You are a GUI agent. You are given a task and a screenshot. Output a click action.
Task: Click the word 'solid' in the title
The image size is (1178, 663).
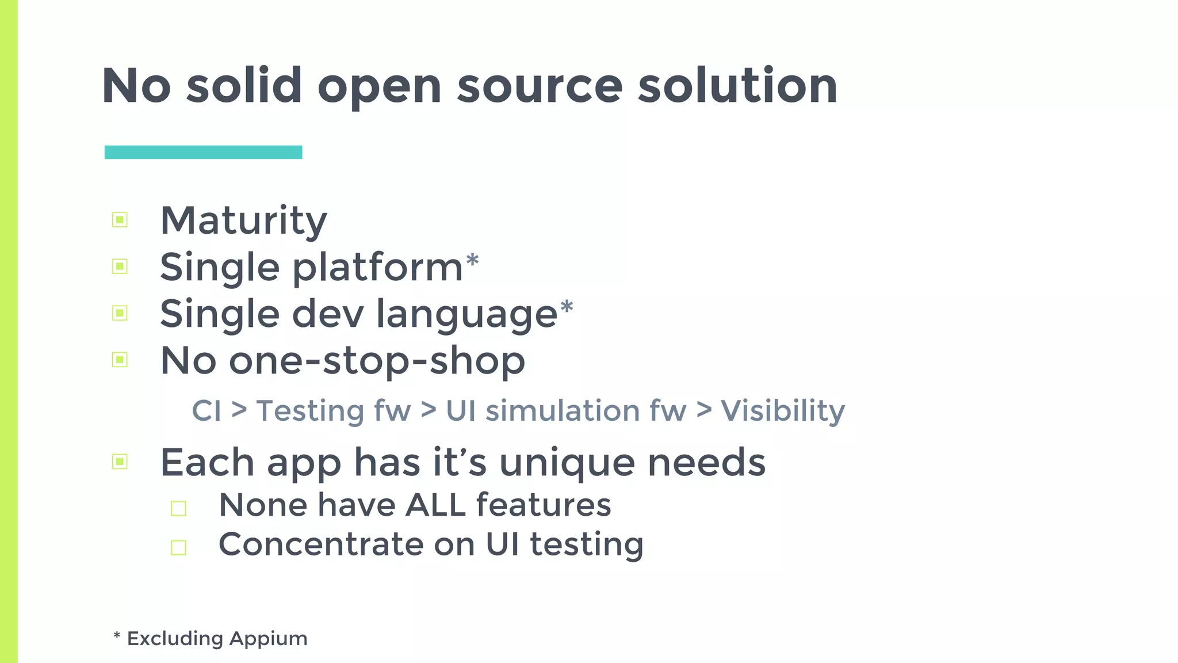[244, 86]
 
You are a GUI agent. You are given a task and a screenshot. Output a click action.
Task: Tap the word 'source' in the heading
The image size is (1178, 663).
[540, 86]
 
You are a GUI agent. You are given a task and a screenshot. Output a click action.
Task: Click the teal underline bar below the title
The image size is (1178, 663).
[203, 152]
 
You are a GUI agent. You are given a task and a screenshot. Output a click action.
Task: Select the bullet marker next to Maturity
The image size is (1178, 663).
[120, 220]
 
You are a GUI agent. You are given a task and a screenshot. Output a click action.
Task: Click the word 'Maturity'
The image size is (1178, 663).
[243, 221]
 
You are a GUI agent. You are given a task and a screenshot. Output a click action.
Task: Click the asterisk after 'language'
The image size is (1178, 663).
[567, 307]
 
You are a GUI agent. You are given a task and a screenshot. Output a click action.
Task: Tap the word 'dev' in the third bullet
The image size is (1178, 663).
[328, 314]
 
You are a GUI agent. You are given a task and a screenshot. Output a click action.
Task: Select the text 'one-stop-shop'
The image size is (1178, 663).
[377, 361]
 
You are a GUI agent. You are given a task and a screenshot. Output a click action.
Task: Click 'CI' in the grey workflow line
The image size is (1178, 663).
[206, 411]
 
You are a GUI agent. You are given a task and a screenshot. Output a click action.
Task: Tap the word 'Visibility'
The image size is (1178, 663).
[783, 411]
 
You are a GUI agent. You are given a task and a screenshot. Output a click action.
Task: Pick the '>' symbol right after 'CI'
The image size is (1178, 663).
[239, 410]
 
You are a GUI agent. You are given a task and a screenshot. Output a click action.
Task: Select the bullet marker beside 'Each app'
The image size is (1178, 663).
[120, 462]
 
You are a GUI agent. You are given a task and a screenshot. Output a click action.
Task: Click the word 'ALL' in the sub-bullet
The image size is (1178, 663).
[435, 505]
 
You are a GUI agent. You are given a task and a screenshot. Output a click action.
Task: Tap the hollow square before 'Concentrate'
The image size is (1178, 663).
[178, 547]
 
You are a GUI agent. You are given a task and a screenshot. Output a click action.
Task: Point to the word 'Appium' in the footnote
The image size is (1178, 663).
[269, 639]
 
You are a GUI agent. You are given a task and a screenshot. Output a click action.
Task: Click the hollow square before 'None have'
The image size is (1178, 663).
[178, 508]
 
